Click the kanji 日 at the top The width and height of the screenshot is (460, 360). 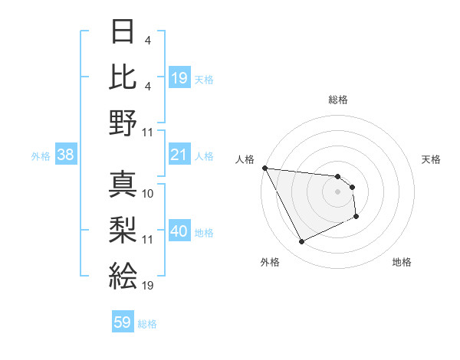[123, 32]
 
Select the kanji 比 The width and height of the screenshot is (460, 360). [123, 77]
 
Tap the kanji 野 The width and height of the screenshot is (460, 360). [123, 122]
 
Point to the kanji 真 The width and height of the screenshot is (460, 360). [123, 184]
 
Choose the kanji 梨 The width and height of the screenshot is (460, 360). [123, 230]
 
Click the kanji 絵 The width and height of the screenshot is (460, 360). [123, 276]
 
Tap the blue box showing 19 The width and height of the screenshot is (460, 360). [179, 78]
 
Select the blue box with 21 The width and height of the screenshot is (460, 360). [179, 155]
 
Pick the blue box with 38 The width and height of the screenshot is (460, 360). [65, 155]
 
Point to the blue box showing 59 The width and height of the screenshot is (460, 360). [123, 323]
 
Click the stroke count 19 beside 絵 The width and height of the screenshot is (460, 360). [148, 286]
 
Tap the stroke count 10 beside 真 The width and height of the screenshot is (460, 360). [148, 194]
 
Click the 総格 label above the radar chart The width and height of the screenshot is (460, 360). [338, 100]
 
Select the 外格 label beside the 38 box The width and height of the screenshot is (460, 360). [41, 156]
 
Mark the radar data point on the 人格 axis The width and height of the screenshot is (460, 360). [264, 168]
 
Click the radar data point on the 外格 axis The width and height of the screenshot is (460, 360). [301, 242]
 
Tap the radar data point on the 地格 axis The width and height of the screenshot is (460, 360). [357, 218]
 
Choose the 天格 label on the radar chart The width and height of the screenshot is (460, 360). [432, 159]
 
